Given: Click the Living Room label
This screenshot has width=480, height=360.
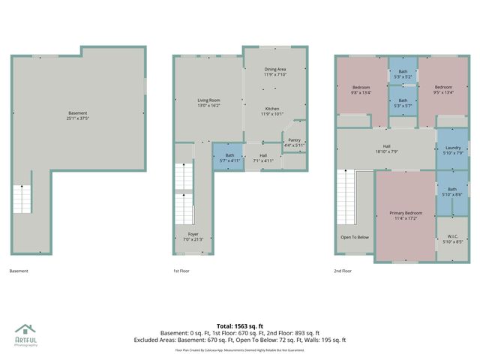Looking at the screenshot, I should click(x=208, y=103).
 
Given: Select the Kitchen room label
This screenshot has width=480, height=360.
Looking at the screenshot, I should click(x=272, y=111).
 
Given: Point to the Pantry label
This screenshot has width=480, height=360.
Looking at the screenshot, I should click(x=294, y=142).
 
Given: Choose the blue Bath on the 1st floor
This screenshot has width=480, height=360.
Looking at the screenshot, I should click(x=226, y=157).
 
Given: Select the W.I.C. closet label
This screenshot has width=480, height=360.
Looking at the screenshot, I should click(x=452, y=238).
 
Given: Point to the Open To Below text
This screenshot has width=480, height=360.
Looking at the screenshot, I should click(x=355, y=237).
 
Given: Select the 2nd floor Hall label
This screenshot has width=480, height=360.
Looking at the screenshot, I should click(x=386, y=148).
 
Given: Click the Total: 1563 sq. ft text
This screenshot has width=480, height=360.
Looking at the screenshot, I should click(x=240, y=325).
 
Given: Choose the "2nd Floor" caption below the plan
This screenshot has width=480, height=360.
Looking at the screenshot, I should click(x=343, y=271).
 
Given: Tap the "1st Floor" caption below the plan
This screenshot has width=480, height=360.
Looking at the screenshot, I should click(x=181, y=271).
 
